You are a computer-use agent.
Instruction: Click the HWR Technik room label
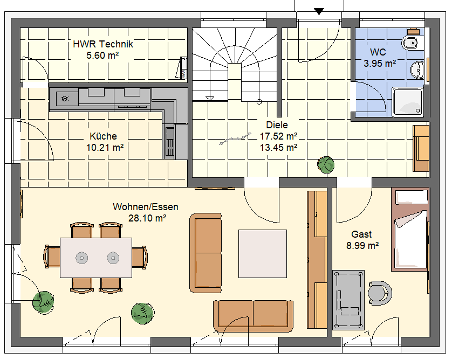click(103, 44)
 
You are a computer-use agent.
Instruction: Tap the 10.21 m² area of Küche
click(105, 148)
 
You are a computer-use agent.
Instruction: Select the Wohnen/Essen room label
click(145, 207)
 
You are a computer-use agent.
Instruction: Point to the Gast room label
click(361, 234)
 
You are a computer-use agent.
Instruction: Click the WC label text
click(378, 52)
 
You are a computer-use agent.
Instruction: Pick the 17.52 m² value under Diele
click(278, 136)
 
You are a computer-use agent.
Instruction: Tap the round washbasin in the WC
click(416, 70)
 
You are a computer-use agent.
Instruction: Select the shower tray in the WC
click(408, 102)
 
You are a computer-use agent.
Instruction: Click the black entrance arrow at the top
click(319, 11)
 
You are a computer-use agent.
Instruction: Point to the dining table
click(96, 258)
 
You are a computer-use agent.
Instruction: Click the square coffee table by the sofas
click(263, 254)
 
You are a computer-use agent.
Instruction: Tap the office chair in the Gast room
click(379, 293)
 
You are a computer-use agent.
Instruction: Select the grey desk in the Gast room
click(348, 300)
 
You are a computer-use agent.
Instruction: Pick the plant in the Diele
click(326, 165)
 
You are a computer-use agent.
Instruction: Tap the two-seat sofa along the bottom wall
click(253, 316)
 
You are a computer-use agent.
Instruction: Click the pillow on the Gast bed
click(412, 197)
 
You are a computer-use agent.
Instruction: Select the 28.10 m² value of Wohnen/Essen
click(147, 218)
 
